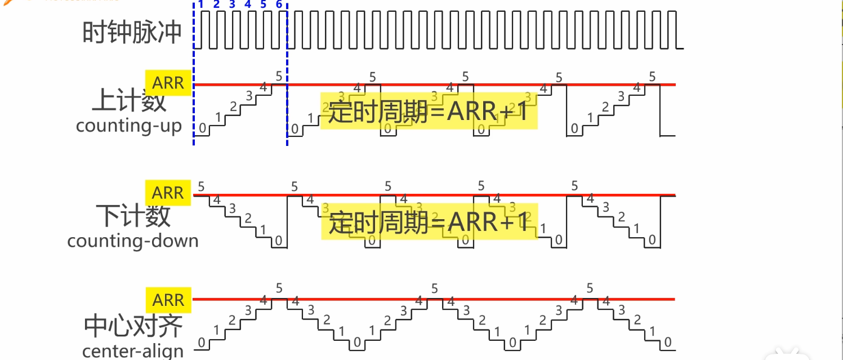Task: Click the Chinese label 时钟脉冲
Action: (132, 33)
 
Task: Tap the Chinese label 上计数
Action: (129, 101)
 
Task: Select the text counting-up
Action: (129, 126)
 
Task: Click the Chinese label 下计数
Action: (133, 216)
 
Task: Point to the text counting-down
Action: (133, 241)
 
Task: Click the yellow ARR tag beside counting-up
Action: (168, 83)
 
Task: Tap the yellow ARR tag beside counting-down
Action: (168, 193)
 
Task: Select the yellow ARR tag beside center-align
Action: (168, 300)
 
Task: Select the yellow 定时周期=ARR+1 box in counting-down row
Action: (430, 222)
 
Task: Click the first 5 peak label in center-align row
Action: (279, 288)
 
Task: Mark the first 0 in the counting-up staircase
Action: (202, 129)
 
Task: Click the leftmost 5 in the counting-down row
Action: (201, 186)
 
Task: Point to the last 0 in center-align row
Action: (667, 342)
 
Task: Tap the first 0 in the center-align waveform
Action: (202, 342)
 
